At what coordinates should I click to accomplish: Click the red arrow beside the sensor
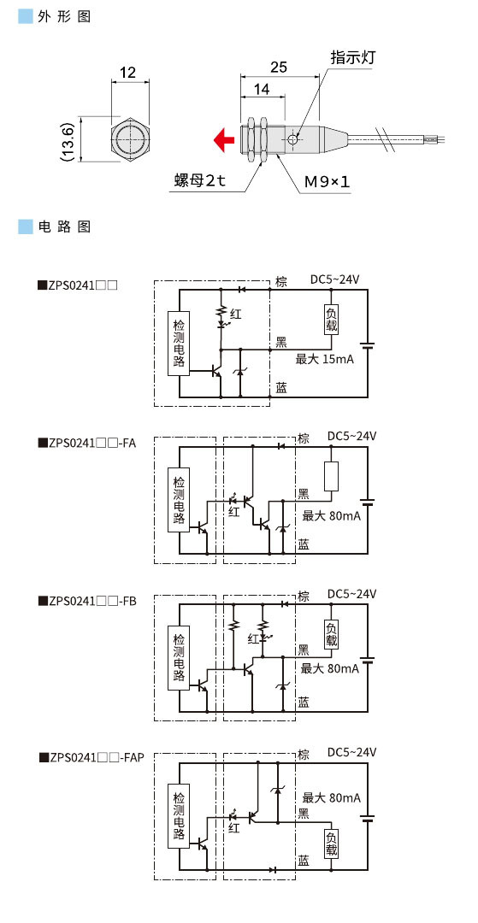click(224, 139)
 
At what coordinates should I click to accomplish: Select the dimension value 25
click(278, 67)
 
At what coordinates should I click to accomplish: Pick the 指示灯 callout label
click(353, 57)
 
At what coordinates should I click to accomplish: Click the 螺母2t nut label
click(198, 181)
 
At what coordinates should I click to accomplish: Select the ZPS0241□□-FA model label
click(87, 443)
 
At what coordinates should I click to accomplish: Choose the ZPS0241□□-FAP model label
click(91, 757)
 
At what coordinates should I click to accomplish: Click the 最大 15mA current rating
click(324, 359)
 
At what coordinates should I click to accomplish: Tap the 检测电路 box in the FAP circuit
click(178, 812)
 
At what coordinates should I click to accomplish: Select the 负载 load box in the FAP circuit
click(332, 843)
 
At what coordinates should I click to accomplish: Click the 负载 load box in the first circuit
click(332, 319)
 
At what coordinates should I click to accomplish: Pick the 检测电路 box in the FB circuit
click(178, 656)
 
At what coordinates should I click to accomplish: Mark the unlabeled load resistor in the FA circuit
click(332, 475)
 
